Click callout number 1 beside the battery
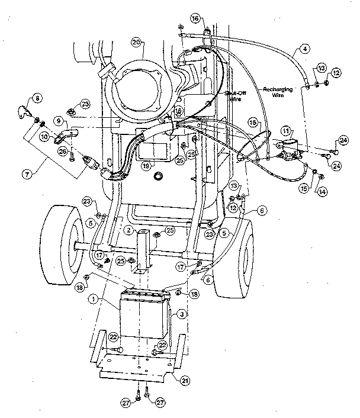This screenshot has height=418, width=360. (x=93, y=299)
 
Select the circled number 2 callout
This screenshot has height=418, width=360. (x=129, y=230)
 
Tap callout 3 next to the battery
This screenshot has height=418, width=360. (x=182, y=313)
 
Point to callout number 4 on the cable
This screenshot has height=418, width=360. (x=304, y=49)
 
